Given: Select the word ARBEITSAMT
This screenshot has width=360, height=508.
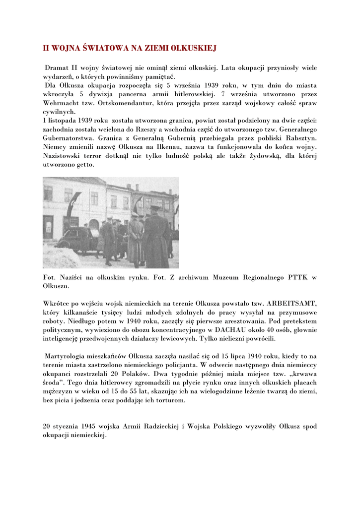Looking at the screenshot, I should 292,303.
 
